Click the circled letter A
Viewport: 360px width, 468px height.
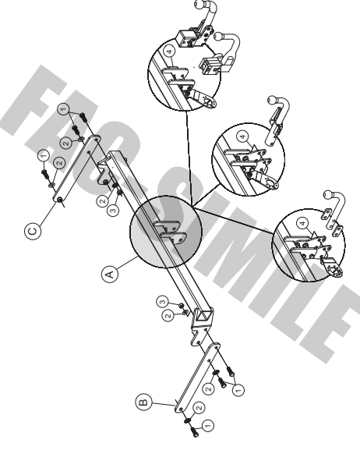pos(110,274)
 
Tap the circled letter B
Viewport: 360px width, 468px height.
pos(143,402)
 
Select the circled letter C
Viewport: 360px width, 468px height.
pos(33,232)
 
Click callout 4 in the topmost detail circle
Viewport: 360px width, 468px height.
pos(169,51)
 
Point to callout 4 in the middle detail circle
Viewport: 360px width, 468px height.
pos(243,136)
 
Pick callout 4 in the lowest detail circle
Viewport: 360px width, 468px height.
pos(303,223)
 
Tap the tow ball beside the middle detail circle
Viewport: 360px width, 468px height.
pos(272,100)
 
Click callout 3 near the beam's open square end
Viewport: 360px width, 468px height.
pos(163,302)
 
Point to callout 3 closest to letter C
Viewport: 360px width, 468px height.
pos(113,211)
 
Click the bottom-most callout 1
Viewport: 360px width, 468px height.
pos(208,425)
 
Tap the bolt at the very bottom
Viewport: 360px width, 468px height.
pos(195,431)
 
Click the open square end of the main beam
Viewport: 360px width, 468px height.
pos(206,316)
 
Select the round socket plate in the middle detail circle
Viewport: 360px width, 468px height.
pos(271,184)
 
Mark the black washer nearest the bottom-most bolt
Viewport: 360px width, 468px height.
pos(187,420)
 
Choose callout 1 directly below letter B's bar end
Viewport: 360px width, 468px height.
pos(208,425)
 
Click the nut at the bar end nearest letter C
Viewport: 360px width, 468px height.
pos(59,199)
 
